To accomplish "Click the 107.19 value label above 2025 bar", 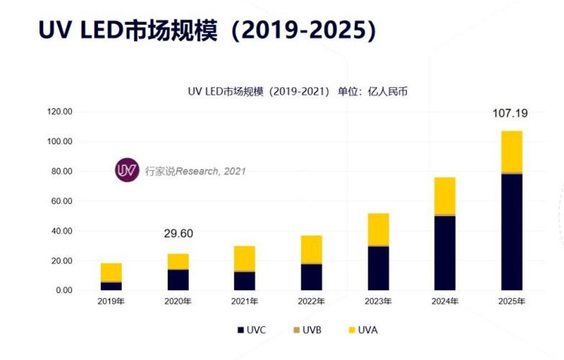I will pos(511,112).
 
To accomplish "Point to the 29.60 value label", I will pos(179,234).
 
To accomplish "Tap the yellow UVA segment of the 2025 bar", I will pos(511,151).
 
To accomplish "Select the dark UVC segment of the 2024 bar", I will pos(444,253).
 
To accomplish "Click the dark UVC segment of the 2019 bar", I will pos(111,286).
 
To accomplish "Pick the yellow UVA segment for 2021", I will pos(244,258).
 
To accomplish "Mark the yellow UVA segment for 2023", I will pos(378,229).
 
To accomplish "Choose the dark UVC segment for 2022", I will pos(311,277).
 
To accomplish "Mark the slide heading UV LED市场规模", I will pos(207,31).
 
